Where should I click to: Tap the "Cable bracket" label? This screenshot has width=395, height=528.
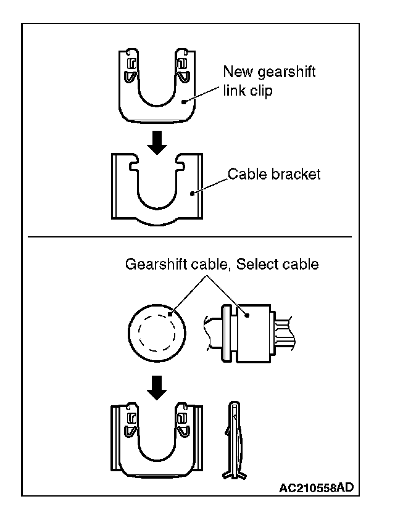tap(274, 175)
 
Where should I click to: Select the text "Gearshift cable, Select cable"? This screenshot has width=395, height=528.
tap(222, 265)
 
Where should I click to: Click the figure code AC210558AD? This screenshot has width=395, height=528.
tap(316, 488)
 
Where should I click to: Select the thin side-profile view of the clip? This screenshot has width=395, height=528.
tap(235, 440)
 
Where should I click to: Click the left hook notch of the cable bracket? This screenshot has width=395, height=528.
tap(135, 166)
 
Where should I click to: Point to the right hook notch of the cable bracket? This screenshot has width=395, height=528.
tap(181, 166)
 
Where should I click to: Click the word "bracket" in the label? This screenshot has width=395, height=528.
tap(296, 175)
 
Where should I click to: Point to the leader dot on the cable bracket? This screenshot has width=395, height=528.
tap(193, 194)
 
